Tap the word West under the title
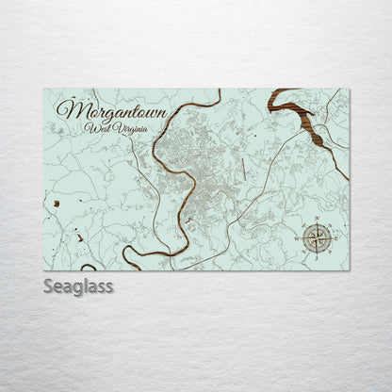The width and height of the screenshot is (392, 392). (x=95, y=127)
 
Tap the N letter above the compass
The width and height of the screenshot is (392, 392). (x=318, y=218)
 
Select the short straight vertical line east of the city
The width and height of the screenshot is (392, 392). (x=242, y=170)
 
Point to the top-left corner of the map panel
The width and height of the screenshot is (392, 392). (x=44, y=90)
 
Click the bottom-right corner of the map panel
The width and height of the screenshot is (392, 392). (x=349, y=269)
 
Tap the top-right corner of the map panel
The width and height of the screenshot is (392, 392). (x=349, y=90)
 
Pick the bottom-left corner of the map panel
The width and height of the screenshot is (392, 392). (x=44, y=269)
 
